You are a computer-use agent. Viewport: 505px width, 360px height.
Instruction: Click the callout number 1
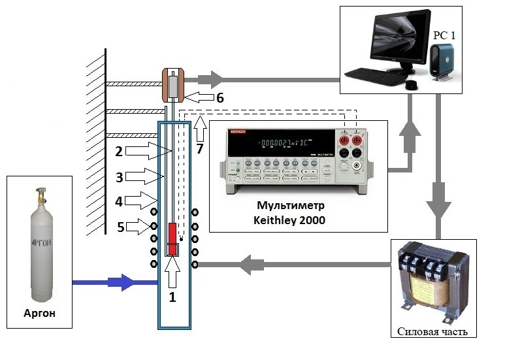tap(173, 296)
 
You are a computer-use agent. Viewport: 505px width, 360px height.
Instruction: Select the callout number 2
tap(119, 152)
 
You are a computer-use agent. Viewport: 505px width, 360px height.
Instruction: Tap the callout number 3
tap(119, 176)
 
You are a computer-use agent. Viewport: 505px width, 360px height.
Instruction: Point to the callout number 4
tap(119, 202)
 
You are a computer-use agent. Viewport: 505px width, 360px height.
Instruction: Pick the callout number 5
tap(119, 227)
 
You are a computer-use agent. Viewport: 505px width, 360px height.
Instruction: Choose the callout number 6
tap(220, 98)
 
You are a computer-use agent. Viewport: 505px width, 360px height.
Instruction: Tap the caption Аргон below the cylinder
tap(40, 313)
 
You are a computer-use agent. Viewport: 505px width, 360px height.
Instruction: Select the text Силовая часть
tap(432, 331)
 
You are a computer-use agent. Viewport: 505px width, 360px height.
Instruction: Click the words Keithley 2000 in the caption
tap(289, 221)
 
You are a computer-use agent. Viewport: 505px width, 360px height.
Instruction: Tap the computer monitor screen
tap(399, 37)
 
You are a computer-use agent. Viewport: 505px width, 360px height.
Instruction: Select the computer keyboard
tap(376, 76)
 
